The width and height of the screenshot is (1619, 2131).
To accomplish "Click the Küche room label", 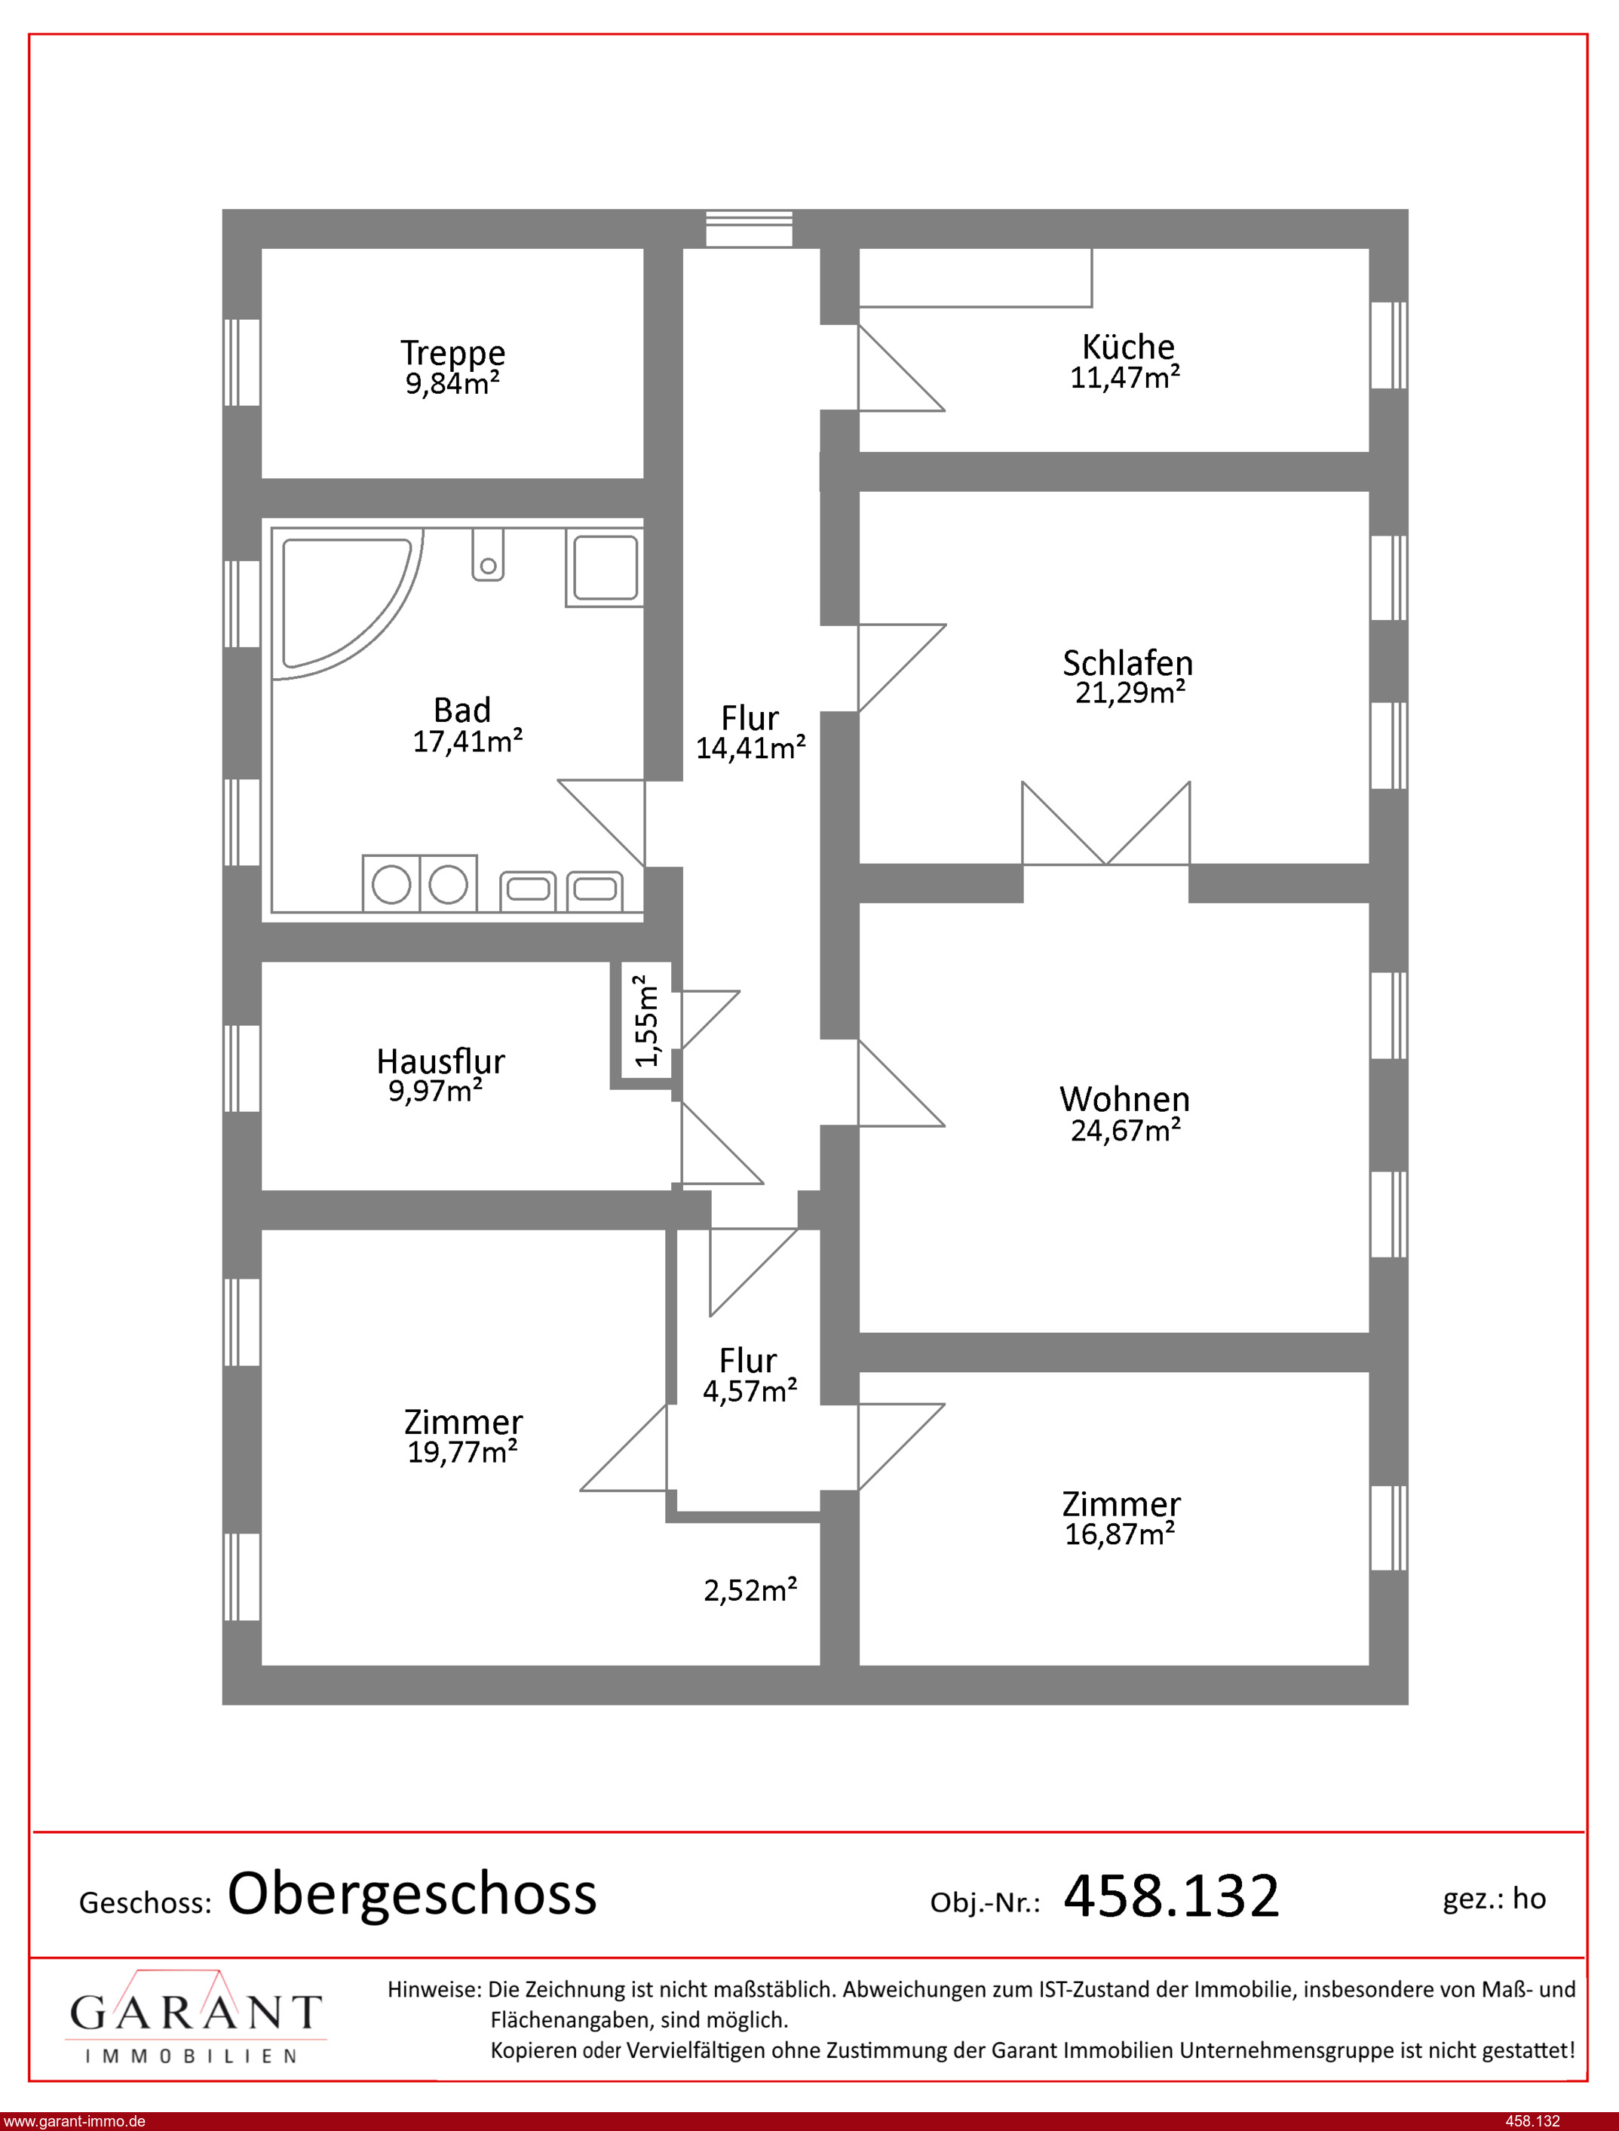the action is point(1127,347).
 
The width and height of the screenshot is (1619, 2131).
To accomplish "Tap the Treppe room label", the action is point(453,354).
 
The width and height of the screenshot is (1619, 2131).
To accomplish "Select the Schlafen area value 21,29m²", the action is point(1130,692).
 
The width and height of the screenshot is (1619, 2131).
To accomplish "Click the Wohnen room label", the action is point(1124,1099).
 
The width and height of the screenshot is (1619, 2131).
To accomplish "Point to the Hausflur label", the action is point(440,1061).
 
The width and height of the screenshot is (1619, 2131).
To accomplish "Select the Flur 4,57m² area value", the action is point(750,1391).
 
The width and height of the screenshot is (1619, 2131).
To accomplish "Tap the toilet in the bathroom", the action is point(488,554).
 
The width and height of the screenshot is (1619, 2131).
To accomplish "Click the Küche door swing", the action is point(901,367).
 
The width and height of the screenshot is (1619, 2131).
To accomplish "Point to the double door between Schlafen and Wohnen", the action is point(1106,823).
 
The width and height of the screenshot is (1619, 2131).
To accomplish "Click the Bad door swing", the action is point(601,823).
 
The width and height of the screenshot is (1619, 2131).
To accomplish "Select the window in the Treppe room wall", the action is point(242,362).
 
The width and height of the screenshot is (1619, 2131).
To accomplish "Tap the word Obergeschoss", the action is point(412,1894).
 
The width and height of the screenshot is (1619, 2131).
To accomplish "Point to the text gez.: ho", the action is point(1494,1899).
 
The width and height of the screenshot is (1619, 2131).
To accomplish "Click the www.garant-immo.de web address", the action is point(75,2121).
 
